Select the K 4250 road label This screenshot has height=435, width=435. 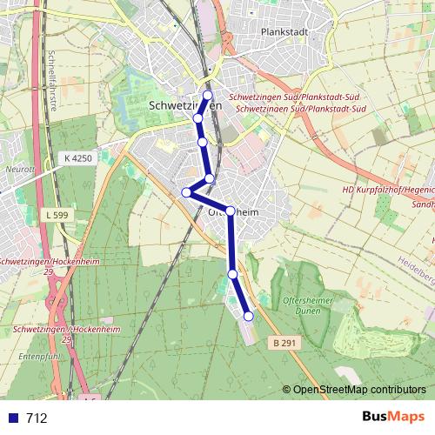click(x=77, y=158)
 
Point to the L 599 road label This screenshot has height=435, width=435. click(x=55, y=213)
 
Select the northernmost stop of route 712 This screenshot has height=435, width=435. click(x=207, y=96)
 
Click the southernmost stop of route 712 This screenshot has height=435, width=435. click(x=248, y=317)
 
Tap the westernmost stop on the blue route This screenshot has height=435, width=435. click(x=186, y=192)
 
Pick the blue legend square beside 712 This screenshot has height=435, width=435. click(x=13, y=418)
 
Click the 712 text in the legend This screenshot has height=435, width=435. click(x=37, y=418)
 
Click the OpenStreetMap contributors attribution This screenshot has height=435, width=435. click(x=358, y=391)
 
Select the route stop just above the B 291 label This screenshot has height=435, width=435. click(x=248, y=317)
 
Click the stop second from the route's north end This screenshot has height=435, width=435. click(x=198, y=117)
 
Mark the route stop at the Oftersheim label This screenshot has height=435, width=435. click(x=231, y=210)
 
